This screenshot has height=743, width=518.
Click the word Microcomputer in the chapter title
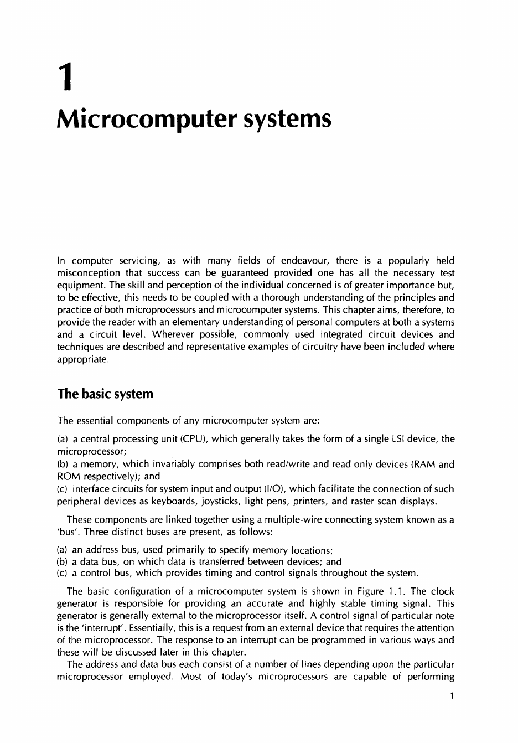tap(142, 119)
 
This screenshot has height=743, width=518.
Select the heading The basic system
tap(105, 394)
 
